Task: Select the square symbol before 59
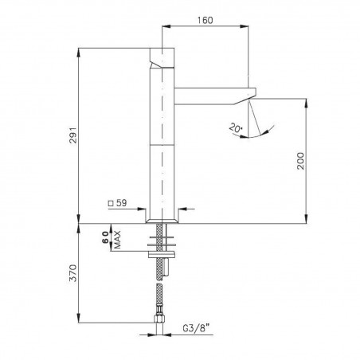[111, 204]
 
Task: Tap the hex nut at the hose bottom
[160, 323]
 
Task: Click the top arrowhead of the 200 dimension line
[307, 102]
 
